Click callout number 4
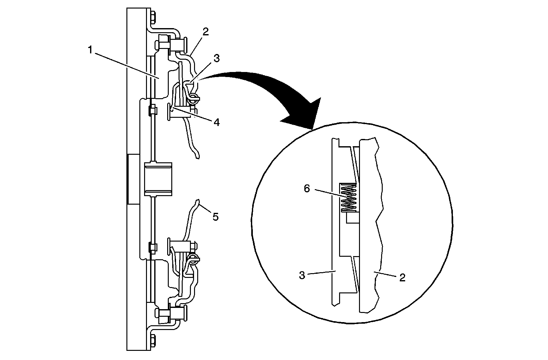(216, 122)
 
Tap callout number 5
(215, 217)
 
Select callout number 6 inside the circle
(307, 189)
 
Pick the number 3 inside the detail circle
(302, 276)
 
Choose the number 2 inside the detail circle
(402, 278)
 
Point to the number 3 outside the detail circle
(216, 58)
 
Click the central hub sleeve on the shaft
(158, 179)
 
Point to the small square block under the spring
(352, 218)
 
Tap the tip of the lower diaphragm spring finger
(198, 201)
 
